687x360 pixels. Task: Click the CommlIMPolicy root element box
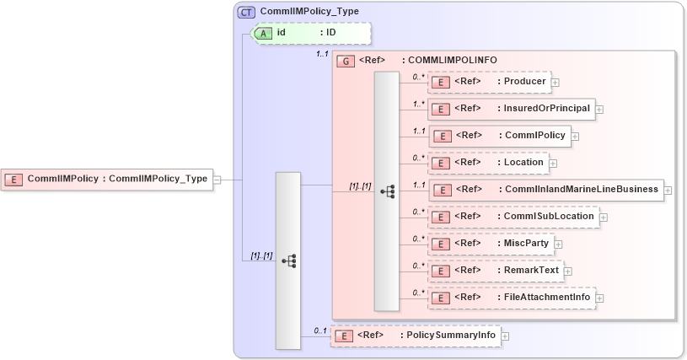click(x=107, y=179)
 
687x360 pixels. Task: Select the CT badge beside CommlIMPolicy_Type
click(x=247, y=13)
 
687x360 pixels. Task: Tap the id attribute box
click(x=311, y=33)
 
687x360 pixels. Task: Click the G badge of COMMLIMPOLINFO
click(x=344, y=61)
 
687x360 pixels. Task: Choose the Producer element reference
click(x=489, y=82)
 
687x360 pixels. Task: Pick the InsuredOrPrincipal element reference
click(x=511, y=109)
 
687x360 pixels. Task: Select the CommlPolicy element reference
click(x=500, y=136)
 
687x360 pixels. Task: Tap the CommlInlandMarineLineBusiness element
click(x=546, y=190)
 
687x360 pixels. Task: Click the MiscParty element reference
click(x=491, y=244)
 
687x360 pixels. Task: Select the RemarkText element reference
click(x=495, y=271)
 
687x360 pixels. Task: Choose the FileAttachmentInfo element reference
click(x=511, y=298)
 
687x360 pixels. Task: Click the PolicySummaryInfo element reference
click(x=415, y=336)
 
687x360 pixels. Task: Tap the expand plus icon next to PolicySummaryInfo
click(x=505, y=336)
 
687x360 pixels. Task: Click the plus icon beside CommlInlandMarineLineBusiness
click(x=668, y=191)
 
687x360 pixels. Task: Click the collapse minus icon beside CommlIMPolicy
click(x=217, y=180)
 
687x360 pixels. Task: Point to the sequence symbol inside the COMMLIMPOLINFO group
click(x=387, y=192)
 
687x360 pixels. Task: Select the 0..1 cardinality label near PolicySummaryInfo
click(x=319, y=330)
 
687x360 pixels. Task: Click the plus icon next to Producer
click(x=556, y=83)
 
